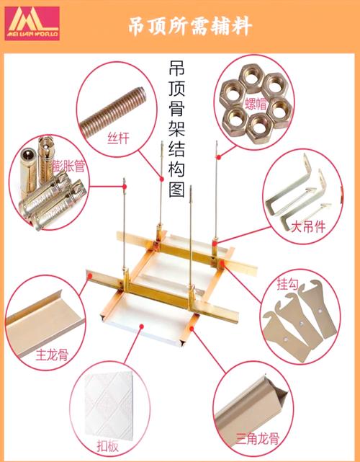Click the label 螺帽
257,102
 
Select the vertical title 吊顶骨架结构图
176,130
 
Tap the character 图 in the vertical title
176,192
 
